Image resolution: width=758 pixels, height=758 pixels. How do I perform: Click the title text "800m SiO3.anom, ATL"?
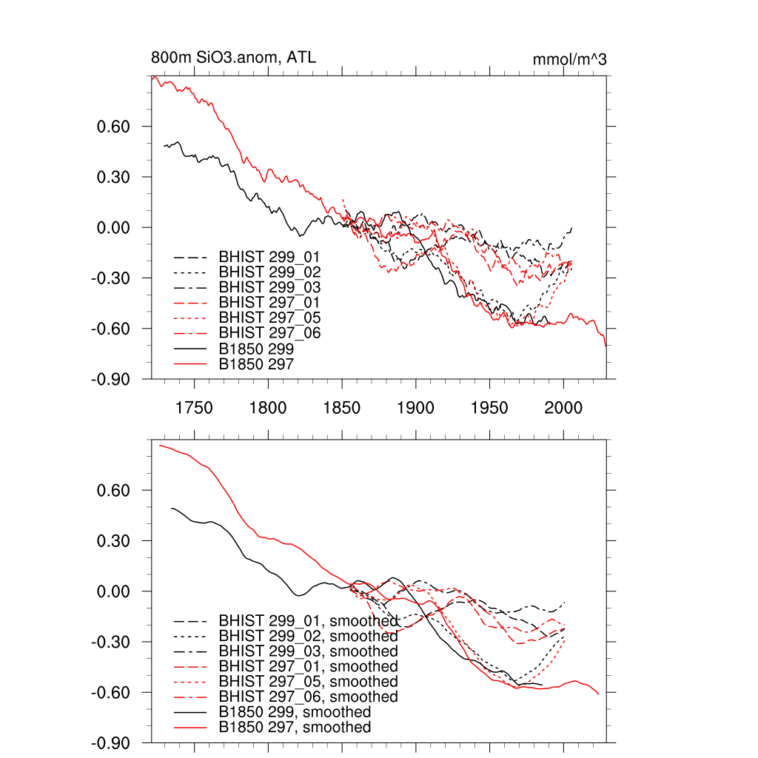pyautogui.click(x=233, y=57)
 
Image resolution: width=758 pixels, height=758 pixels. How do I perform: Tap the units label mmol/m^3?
pyautogui.click(x=569, y=59)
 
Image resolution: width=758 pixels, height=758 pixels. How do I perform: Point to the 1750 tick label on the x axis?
pyautogui.click(x=194, y=408)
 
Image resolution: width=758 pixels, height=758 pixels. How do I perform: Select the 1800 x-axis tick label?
pyautogui.click(x=268, y=408)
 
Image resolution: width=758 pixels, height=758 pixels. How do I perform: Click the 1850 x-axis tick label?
pyautogui.click(x=342, y=408)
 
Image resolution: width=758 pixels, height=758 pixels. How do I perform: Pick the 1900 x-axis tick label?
pyautogui.click(x=416, y=408)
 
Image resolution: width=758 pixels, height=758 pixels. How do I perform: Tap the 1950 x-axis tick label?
pyautogui.click(x=490, y=408)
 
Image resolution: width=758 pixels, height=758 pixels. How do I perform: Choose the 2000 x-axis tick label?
pyautogui.click(x=564, y=408)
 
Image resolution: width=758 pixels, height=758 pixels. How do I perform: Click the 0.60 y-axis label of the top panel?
pyautogui.click(x=113, y=127)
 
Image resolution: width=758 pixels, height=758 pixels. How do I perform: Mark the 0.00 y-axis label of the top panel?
pyautogui.click(x=113, y=227)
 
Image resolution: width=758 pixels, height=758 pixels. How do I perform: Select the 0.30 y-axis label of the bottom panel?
pyautogui.click(x=113, y=541)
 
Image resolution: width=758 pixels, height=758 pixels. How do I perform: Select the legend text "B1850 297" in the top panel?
pyautogui.click(x=257, y=363)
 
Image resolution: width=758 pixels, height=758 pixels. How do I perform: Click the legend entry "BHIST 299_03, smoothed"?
pyautogui.click(x=308, y=651)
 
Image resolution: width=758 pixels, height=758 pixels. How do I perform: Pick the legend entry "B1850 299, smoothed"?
pyautogui.click(x=295, y=712)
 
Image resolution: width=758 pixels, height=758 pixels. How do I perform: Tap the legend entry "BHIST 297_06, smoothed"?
pyautogui.click(x=308, y=697)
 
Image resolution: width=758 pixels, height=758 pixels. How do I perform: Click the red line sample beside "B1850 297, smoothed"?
pyautogui.click(x=189, y=728)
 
